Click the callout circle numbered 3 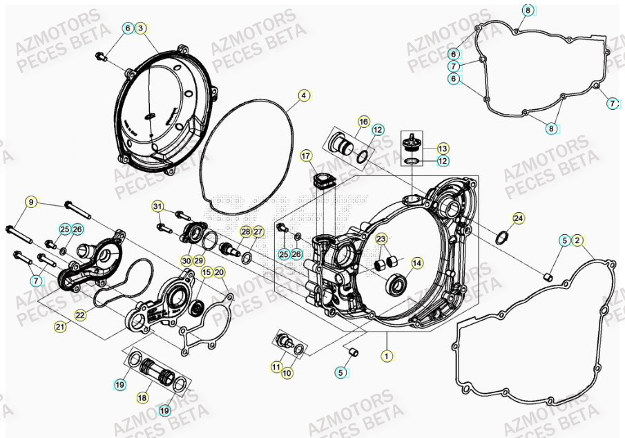pyautogui.click(x=140, y=28)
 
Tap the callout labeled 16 pyautogui.click(x=364, y=122)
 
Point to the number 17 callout pyautogui.click(x=306, y=157)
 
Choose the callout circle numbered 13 pyautogui.click(x=443, y=149)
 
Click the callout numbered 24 pyautogui.click(x=518, y=219)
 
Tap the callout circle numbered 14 pyautogui.click(x=416, y=263)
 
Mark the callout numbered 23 pyautogui.click(x=381, y=239)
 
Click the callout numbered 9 pyautogui.click(x=31, y=202)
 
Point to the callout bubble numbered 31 pyautogui.click(x=158, y=207)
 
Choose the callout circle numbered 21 pyautogui.click(x=61, y=327)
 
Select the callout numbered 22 pyautogui.click(x=81, y=315)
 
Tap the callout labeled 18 pyautogui.click(x=142, y=398)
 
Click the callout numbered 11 pyautogui.click(x=276, y=367)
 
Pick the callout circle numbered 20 pyautogui.click(x=219, y=272)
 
